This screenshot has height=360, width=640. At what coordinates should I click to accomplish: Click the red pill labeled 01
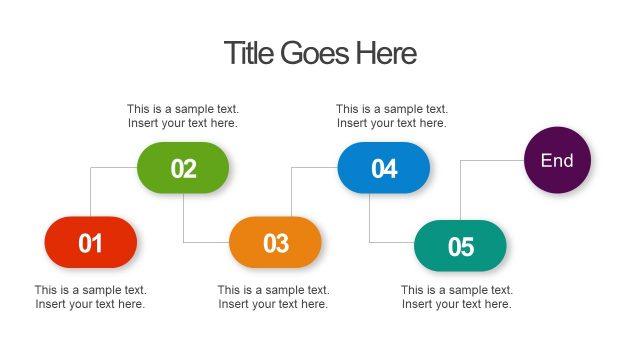pyautogui.click(x=90, y=242)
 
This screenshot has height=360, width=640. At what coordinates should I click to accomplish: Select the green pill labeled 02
pyautogui.click(x=183, y=168)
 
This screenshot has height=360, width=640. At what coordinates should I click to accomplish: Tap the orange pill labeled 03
pyautogui.click(x=275, y=242)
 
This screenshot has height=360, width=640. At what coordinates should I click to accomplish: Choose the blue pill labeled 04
pyautogui.click(x=384, y=168)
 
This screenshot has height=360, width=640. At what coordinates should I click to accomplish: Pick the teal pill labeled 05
pyautogui.click(x=460, y=246)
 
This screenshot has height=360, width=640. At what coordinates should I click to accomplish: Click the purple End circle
pyautogui.click(x=557, y=160)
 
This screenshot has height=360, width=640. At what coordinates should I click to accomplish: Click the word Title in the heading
pyautogui.click(x=246, y=53)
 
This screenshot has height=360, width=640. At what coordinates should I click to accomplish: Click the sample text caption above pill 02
pyautogui.click(x=183, y=116)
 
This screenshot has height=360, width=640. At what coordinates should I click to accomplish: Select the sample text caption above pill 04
pyautogui.click(x=391, y=116)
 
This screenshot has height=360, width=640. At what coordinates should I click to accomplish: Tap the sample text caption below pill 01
pyautogui.click(x=91, y=297)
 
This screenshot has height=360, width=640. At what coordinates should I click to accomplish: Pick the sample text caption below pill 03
pyautogui.click(x=274, y=297)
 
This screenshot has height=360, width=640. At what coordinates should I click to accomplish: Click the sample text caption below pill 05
pyautogui.click(x=457, y=297)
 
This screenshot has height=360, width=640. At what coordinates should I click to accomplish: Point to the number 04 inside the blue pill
pyautogui.click(x=384, y=169)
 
